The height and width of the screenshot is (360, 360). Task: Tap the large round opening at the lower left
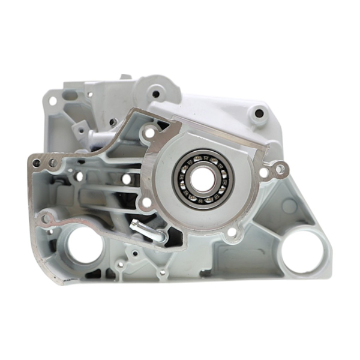[82, 246]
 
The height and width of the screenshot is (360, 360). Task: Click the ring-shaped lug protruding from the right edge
[277, 170]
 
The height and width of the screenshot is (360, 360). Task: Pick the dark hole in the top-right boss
[259, 112]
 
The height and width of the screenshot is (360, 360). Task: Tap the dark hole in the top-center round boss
[156, 94]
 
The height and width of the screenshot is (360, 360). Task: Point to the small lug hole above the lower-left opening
[46, 219]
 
